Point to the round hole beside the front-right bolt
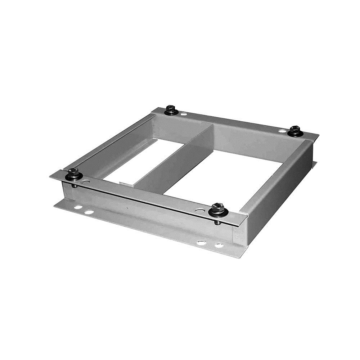[198, 210]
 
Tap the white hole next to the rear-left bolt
[184, 114]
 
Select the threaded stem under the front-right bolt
[217, 222]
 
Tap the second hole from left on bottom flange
[89, 212]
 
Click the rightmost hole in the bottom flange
[219, 246]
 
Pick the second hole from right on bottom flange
[201, 243]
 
